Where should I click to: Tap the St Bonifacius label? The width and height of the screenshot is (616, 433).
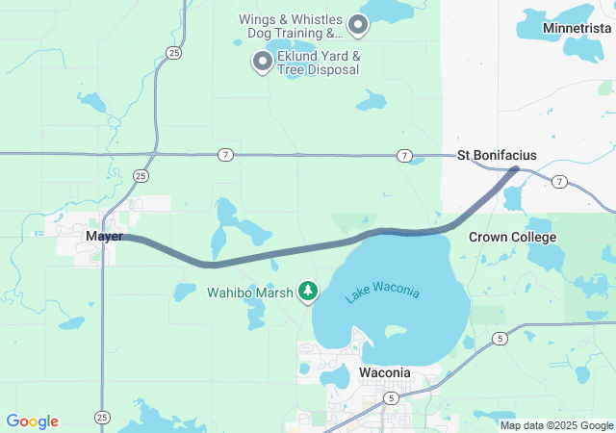(x=497, y=155)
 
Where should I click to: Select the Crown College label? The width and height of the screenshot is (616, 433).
(x=512, y=237)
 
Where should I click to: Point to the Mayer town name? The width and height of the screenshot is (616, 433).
(x=104, y=236)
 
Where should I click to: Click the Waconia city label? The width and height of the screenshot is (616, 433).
(x=385, y=372)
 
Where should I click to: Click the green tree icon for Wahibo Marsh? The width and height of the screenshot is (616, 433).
(x=308, y=290)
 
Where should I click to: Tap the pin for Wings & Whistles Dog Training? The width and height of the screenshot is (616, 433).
(x=358, y=24)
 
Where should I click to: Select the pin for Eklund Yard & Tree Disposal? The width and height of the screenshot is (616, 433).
(x=262, y=63)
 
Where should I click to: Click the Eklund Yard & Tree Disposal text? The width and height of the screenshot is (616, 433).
(x=319, y=63)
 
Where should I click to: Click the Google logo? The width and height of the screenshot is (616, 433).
(x=32, y=421)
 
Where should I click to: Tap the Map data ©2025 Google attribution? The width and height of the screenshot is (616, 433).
(x=556, y=425)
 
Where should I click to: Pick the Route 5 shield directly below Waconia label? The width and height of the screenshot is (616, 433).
(x=391, y=397)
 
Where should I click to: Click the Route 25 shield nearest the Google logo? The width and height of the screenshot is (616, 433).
(x=102, y=417)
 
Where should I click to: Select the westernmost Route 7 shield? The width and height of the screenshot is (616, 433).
(x=224, y=155)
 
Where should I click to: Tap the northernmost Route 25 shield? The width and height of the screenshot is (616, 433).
(x=172, y=54)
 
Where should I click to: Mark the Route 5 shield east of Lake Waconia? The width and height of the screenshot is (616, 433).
(x=499, y=338)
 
